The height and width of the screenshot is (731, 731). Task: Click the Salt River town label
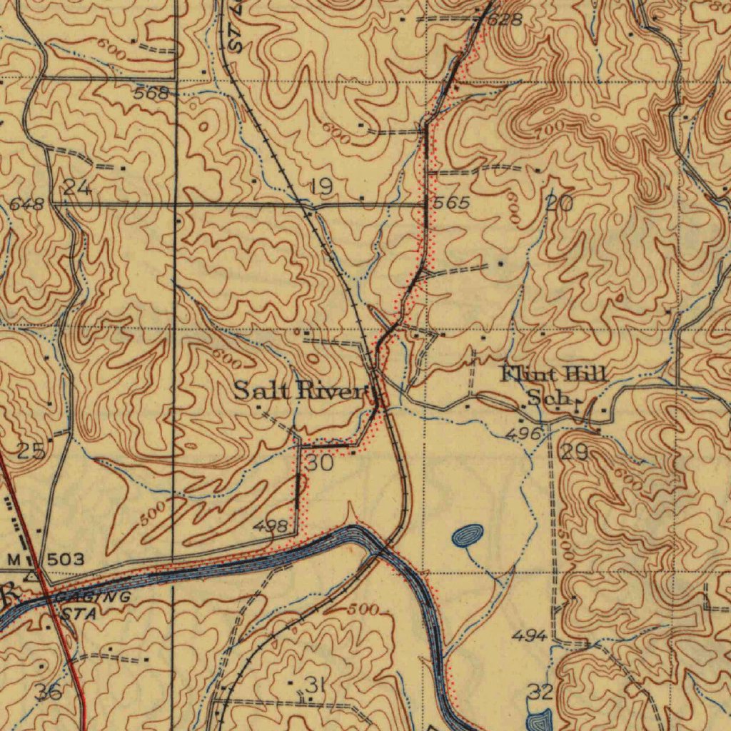click(301, 390)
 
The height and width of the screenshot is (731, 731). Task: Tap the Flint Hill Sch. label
click(553, 384)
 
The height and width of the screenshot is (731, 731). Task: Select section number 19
click(322, 188)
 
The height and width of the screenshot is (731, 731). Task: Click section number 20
click(560, 203)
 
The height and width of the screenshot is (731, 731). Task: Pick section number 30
click(319, 463)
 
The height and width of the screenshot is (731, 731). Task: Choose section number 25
click(31, 451)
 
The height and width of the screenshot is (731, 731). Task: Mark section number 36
click(48, 691)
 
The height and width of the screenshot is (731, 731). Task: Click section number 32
click(540, 691)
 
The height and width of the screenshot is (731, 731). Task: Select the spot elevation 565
click(452, 203)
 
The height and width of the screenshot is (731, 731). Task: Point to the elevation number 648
click(28, 206)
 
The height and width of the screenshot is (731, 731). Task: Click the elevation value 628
click(505, 19)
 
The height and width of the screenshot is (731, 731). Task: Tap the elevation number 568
click(151, 93)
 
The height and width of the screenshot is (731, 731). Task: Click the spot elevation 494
click(530, 635)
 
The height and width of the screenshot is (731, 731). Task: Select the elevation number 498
click(271, 527)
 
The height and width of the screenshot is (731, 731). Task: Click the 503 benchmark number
click(66, 559)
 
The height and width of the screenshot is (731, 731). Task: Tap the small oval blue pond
click(468, 535)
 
